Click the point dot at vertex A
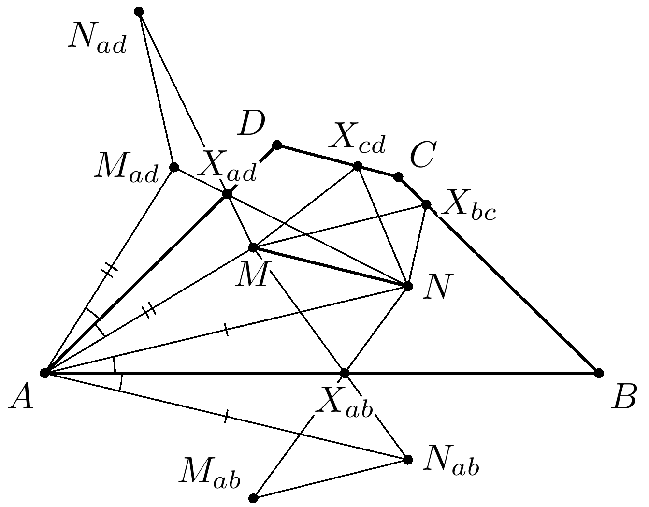coord(44,373)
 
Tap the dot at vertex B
coord(599,373)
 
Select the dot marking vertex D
coord(277,145)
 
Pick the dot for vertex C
coord(398,177)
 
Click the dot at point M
coord(252,247)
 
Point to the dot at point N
coord(408,286)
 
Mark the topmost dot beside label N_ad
coord(139,11)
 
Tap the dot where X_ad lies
coord(227,194)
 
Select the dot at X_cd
coord(358,166)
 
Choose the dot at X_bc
coord(426,205)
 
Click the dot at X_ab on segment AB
coord(345,373)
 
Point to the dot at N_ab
coord(408,459)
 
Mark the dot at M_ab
coord(253,498)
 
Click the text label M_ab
coord(210,473)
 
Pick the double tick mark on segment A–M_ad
coord(111,270)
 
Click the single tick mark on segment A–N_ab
coord(225,417)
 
